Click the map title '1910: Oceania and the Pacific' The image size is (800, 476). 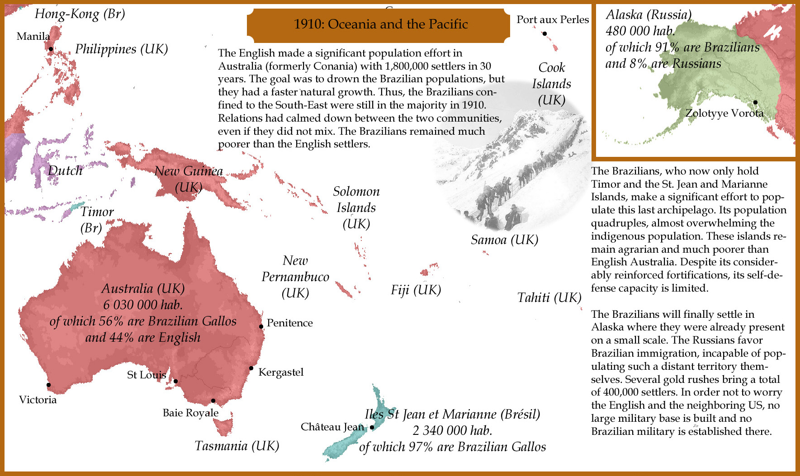(380, 24)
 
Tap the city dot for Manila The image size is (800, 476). (51, 49)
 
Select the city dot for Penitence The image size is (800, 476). (261, 326)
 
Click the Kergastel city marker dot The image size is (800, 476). (251, 368)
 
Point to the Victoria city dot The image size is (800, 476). (48, 385)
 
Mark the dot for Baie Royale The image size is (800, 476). (213, 401)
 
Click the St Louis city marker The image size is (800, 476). (176, 381)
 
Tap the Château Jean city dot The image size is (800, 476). (372, 427)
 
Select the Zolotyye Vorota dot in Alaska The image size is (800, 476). (755, 102)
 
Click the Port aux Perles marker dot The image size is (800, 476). (544, 33)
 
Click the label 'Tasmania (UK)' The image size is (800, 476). (237, 446)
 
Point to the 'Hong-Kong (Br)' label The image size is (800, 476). (80, 14)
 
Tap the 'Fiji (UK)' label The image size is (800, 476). (416, 290)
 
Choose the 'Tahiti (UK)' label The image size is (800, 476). (549, 297)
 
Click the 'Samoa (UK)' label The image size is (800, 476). (504, 240)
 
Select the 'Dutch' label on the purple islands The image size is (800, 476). (65, 170)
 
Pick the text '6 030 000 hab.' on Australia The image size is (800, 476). (143, 305)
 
